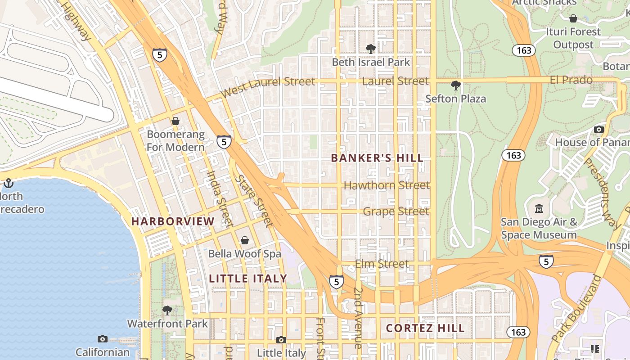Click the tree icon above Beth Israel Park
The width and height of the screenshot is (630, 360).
tap(371, 49)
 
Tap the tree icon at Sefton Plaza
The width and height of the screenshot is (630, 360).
tap(455, 85)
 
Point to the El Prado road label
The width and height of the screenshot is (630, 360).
tap(571, 80)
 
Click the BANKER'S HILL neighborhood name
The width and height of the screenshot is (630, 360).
tap(377, 158)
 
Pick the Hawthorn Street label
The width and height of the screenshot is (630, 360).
tap(387, 185)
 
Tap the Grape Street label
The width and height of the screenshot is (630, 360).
tap(396, 211)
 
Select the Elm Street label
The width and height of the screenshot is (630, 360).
tap(382, 264)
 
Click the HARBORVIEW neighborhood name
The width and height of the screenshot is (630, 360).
tap(173, 221)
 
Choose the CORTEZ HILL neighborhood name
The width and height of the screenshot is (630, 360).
tap(425, 328)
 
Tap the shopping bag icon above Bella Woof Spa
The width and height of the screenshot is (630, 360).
tap(245, 240)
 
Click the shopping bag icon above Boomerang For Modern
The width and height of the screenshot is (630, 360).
tap(175, 121)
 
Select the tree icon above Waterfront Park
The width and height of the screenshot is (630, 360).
tap(167, 310)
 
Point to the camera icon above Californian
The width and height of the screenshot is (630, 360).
tap(103, 339)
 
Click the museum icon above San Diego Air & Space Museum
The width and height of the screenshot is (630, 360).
tap(539, 209)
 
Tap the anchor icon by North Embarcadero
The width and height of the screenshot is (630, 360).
tap(8, 183)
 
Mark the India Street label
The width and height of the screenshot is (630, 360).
tap(220, 198)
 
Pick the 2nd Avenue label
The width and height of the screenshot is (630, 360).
tap(358, 318)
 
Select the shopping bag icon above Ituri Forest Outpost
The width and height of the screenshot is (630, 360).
tap(573, 18)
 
